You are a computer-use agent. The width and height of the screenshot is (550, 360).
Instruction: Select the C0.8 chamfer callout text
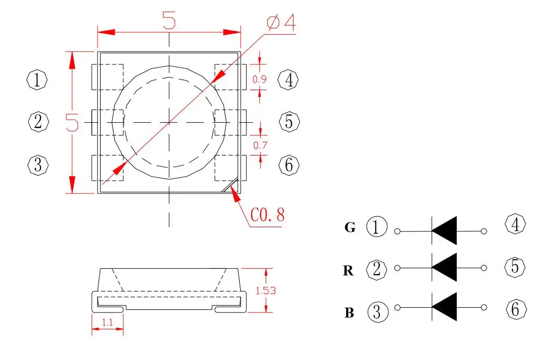267,215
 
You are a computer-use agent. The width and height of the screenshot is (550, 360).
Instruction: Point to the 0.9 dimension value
259,80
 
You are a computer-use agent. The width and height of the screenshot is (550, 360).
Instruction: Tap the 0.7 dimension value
260,145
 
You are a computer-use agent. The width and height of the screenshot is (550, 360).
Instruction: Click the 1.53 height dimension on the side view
266,290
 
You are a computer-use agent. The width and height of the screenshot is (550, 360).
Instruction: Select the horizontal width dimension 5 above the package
169,21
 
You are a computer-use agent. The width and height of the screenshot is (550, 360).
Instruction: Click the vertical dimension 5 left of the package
72,122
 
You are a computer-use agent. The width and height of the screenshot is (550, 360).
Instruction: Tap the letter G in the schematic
350,228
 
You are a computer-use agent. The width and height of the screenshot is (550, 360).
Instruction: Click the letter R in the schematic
348,271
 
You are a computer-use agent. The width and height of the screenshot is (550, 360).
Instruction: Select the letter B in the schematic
349,313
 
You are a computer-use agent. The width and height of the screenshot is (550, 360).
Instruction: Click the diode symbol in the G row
444,231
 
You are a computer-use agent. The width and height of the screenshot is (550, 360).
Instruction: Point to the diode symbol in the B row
444,307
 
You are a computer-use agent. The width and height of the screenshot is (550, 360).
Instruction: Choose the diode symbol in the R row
444,268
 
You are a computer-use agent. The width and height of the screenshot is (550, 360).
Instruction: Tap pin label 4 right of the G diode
515,225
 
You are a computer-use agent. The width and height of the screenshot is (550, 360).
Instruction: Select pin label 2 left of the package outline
37,122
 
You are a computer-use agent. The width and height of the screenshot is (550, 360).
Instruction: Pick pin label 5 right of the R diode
515,268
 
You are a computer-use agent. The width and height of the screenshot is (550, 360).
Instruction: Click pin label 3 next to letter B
377,312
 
